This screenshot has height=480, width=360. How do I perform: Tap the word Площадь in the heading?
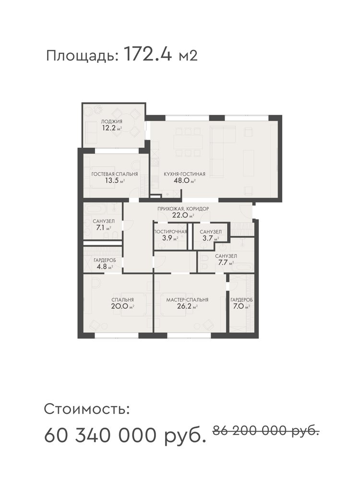coord(82,56)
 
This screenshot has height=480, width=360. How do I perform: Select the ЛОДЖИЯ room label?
coord(112,121)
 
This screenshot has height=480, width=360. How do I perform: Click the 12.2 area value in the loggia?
coord(109,128)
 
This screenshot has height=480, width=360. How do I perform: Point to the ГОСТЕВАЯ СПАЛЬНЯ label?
coord(115,174)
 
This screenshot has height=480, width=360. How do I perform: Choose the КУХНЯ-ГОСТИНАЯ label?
coord(184,174)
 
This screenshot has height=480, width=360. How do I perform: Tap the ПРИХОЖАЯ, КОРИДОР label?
coord(183,209)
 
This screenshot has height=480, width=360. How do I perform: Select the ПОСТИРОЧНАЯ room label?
coord(170,232)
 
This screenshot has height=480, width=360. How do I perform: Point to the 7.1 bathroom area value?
coord(100,228)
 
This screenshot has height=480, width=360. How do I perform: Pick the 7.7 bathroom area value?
coord(223,263)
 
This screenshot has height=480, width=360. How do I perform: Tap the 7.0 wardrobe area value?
coord(239,306)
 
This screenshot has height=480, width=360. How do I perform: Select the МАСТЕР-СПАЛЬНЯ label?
coord(187,300)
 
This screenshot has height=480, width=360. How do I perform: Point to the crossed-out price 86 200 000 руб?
coord(266,431)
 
